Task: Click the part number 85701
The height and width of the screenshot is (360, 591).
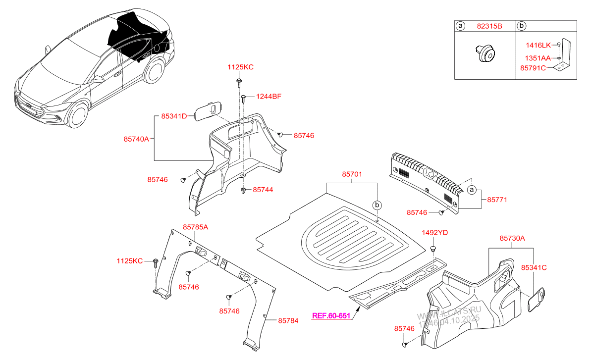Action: tap(352, 174)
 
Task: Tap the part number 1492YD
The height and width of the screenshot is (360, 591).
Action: tap(434, 233)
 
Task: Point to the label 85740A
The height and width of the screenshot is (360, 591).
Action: tap(136, 140)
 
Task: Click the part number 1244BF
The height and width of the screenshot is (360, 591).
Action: tap(269, 97)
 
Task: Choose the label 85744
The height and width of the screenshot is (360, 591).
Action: tap(263, 190)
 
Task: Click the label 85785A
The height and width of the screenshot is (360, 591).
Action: tap(195, 227)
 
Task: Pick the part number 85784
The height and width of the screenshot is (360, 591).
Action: tap(288, 321)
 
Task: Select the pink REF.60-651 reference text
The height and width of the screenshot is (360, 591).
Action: tap(331, 315)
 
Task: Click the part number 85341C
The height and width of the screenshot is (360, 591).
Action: tap(534, 267)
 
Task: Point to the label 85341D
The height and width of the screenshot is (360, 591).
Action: tap(174, 116)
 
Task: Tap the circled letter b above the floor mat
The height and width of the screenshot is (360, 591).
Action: tap(377, 205)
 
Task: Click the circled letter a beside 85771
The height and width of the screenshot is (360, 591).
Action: tap(472, 190)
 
